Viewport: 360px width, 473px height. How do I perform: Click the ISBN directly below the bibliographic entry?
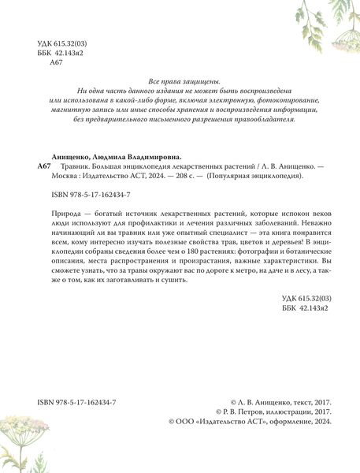pyautogui.click(x=89, y=194)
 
